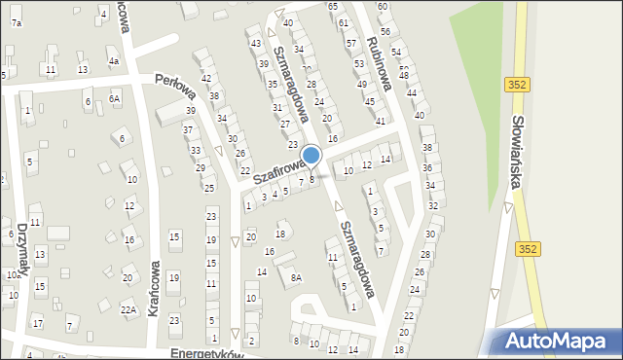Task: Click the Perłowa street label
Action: pyautogui.click(x=175, y=89)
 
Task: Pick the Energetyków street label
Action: pyautogui.click(x=203, y=352)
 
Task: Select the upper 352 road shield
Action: pyautogui.click(x=517, y=86)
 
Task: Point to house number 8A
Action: pyautogui.click(x=296, y=277)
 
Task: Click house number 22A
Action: pyautogui.click(x=128, y=309)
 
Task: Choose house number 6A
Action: pyautogui.click(x=115, y=98)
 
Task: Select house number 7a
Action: pyautogui.click(x=16, y=21)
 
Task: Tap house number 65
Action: pyautogui.click(x=332, y=7)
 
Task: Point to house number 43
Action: pyautogui.click(x=255, y=44)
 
